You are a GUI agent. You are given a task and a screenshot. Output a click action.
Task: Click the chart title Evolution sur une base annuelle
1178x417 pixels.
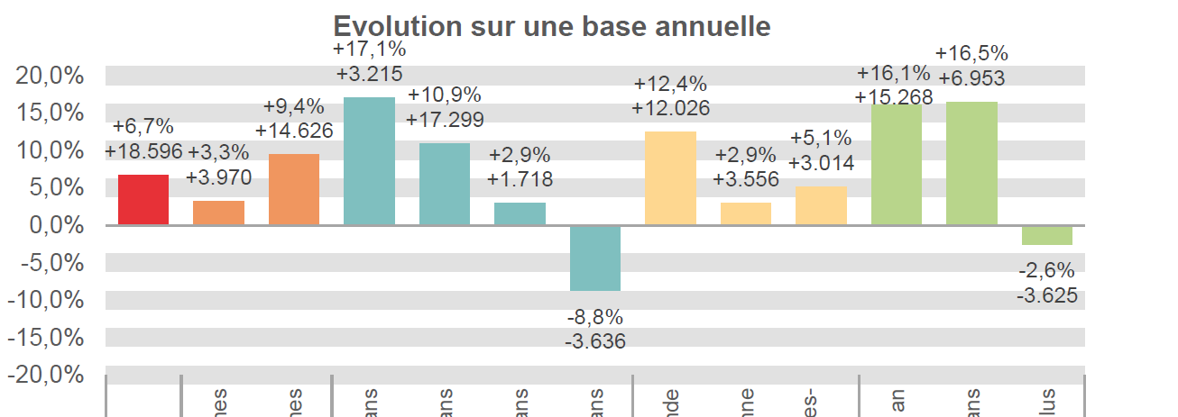pos(552,26)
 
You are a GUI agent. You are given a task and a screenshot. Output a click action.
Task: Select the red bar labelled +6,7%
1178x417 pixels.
pos(143,200)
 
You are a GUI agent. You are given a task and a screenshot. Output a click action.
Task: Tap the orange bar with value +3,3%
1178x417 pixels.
pos(218,213)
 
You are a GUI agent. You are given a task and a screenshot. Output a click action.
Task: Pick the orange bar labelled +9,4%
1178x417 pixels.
pos(294,189)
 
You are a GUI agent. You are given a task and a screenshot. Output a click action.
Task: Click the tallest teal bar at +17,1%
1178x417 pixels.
pos(369,160)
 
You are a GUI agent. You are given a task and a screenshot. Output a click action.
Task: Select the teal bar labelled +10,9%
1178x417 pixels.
pos(445,184)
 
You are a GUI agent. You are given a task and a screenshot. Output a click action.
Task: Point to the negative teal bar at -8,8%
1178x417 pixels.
pos(595,258)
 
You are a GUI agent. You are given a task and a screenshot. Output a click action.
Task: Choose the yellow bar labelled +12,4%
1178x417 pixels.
pos(670,178)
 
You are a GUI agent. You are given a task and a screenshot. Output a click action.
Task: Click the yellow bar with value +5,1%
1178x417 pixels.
pos(821,205)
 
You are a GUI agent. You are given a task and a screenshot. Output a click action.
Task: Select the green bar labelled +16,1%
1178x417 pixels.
pos(896,165)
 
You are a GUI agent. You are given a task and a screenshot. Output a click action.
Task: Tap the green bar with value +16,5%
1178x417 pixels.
pos(971,163)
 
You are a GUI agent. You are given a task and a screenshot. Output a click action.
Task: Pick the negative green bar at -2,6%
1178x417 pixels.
pos(1046,235)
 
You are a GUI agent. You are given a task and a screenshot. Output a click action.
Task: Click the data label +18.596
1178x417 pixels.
pos(143,151)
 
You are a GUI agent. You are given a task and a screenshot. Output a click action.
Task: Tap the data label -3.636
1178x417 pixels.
pos(595,341)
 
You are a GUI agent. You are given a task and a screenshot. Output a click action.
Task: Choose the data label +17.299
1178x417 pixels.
pos(445,119)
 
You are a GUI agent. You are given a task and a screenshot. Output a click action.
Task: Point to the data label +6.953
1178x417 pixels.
pos(971,78)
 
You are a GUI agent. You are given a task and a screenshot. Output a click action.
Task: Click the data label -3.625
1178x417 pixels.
pos(1046,295)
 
